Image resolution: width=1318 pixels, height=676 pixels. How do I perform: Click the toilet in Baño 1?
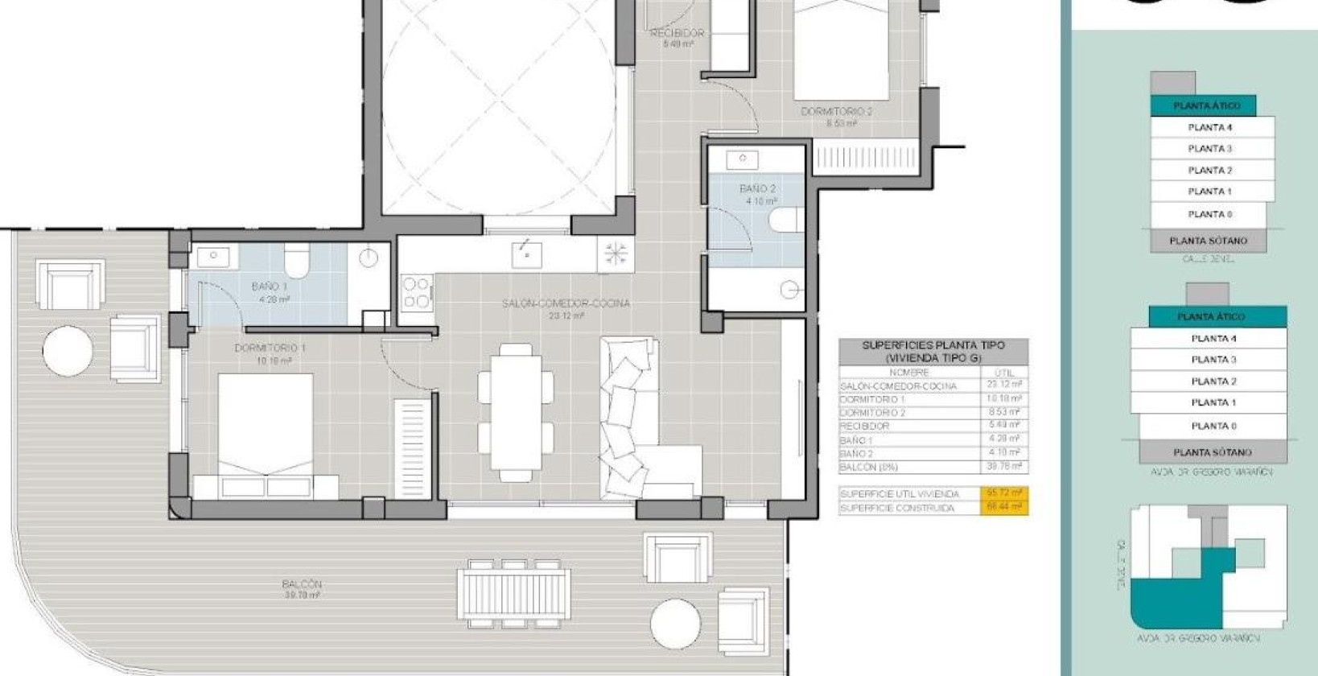[297, 259]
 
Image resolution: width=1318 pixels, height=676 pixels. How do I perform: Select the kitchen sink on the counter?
[526, 255]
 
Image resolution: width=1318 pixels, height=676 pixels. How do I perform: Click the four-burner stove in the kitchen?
[417, 291]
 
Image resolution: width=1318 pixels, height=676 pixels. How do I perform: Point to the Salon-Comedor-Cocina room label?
[566, 304]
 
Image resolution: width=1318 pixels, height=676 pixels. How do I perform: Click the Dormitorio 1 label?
[270, 348]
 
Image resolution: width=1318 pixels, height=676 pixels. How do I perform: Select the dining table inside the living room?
[516, 412]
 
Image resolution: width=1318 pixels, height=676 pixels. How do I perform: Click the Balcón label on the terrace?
[302, 584]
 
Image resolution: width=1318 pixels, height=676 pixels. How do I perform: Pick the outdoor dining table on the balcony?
[514, 594]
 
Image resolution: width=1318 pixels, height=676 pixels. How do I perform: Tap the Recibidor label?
[677, 34]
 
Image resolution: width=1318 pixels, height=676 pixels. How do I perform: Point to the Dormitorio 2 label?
[836, 112]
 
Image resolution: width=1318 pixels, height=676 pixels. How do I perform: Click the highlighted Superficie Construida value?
[1003, 507]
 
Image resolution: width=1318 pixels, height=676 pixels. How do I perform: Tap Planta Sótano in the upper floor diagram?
[1208, 241]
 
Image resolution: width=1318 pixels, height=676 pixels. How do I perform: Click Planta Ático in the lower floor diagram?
[1216, 317]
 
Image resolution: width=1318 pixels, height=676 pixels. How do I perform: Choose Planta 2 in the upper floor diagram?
[1210, 170]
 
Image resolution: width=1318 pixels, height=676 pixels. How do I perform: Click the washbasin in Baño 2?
[742, 159]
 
